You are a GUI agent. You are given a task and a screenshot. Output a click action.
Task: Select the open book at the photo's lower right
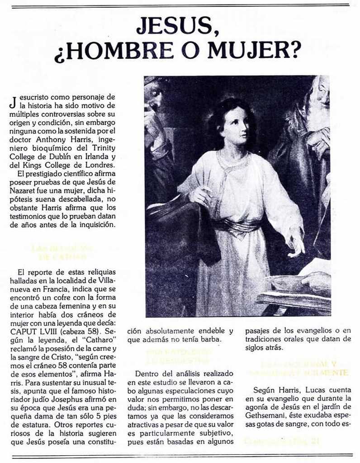pyautogui.click(x=294, y=289)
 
